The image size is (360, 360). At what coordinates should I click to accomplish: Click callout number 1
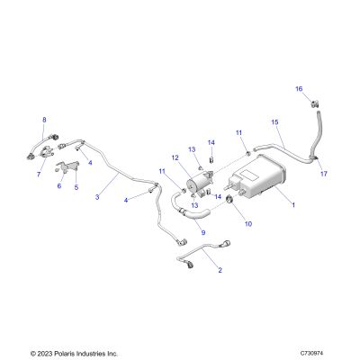293,205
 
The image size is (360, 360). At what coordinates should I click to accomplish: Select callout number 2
220,270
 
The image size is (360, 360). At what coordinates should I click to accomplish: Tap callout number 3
97,197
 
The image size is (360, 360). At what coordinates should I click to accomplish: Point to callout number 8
44,120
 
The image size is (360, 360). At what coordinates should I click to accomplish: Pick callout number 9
203,232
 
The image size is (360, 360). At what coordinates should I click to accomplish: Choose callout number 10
248,224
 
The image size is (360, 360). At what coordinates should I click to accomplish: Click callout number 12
175,157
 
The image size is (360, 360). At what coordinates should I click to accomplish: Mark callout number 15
274,122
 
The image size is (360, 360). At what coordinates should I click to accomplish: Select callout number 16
299,89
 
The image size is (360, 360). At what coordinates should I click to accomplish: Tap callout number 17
324,174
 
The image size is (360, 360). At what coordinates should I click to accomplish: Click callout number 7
39,174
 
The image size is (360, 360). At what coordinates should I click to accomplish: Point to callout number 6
59,186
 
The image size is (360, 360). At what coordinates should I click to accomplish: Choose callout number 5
76,187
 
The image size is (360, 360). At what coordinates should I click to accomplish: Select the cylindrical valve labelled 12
199,183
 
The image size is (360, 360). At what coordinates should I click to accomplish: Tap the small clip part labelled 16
314,104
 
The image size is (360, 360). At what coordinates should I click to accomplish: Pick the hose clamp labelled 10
230,199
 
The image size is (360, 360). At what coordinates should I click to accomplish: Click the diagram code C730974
312,353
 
